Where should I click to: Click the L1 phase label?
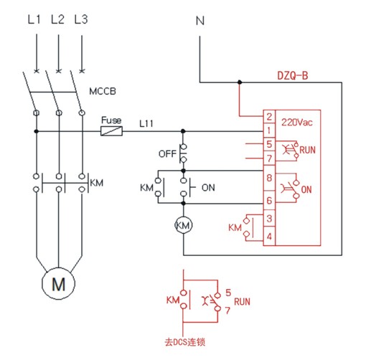34,19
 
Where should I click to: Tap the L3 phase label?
81,19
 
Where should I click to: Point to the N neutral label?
200,21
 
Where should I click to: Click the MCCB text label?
103,91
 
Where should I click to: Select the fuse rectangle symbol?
111,131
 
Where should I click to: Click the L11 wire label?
146,123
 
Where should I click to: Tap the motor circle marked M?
58,283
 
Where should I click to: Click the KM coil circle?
183,225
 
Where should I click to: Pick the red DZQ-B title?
292,75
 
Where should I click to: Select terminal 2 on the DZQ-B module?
269,117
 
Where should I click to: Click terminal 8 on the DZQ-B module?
269,178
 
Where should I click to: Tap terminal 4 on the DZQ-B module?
269,236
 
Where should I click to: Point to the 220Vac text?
297,123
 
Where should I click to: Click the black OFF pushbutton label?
167,153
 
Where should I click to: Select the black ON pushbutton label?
208,188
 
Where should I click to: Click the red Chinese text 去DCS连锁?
185,342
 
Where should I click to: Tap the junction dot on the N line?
240,82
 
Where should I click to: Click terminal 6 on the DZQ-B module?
269,200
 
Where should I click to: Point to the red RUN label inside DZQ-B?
308,150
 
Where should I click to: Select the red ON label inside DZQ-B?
306,190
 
